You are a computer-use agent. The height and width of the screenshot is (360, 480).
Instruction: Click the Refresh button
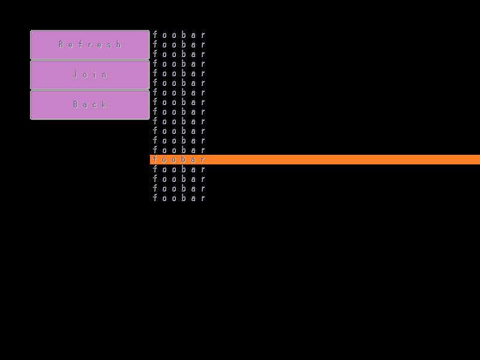coord(90,44)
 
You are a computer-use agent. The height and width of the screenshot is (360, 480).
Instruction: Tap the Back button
coord(90,104)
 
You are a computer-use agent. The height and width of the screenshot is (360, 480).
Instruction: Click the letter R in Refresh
coord(61,44)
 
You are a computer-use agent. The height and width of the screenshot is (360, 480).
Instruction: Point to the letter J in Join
coord(76,74)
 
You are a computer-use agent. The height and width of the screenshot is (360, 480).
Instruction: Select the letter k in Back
coord(104,104)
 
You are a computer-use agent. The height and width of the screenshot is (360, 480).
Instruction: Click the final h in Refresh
coord(119,44)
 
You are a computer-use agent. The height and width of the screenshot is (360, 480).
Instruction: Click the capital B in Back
coord(76,104)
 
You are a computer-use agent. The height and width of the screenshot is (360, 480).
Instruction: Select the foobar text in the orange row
coord(179,160)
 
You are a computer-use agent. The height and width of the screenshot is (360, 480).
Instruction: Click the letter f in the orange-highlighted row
coord(155,160)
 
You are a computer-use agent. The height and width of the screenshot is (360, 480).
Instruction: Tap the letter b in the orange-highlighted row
coord(184,160)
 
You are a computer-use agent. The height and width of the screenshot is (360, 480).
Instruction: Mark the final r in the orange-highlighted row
coord(203,160)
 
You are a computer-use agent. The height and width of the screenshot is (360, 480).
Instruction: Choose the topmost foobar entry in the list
coord(179,35)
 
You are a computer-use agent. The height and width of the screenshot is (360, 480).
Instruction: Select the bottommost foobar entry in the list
coord(179,198)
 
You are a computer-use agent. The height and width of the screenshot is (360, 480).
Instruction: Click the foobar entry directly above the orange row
coord(179,150)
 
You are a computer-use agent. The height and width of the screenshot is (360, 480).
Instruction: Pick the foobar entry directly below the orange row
coord(179,169)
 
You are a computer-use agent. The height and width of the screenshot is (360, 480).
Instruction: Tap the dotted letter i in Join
coord(95,74)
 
